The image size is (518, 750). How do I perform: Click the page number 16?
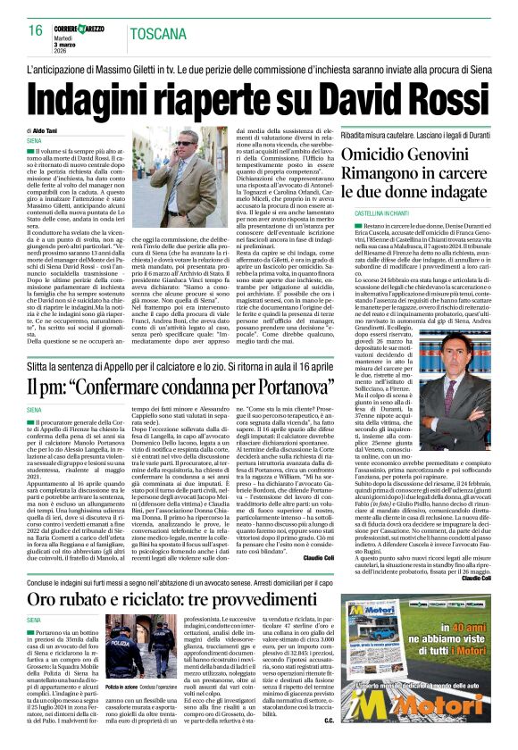[x=35, y=29]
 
